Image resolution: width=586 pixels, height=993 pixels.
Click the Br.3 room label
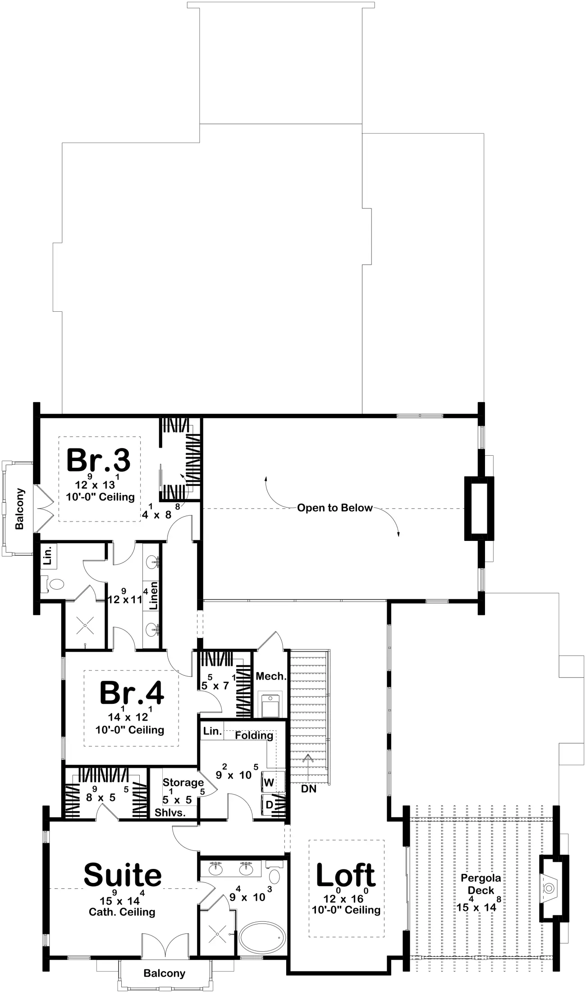[99, 461]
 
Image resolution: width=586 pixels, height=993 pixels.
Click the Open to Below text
[334, 508]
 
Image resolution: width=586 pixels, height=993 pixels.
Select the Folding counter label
[254, 735]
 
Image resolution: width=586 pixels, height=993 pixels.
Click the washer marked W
[269, 782]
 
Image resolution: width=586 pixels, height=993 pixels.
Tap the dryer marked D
[269, 805]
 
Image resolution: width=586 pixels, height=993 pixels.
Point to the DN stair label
[309, 789]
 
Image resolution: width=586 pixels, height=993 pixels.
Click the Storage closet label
[183, 782]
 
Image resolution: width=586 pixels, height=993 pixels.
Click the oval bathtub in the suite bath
[262, 937]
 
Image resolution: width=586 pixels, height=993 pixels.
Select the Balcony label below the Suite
[164, 973]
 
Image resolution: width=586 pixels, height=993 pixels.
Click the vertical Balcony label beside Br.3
[20, 509]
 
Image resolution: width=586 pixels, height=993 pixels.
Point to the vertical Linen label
[154, 595]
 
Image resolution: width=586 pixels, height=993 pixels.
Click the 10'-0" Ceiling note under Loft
[346, 910]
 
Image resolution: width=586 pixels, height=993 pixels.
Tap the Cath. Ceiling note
[122, 912]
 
